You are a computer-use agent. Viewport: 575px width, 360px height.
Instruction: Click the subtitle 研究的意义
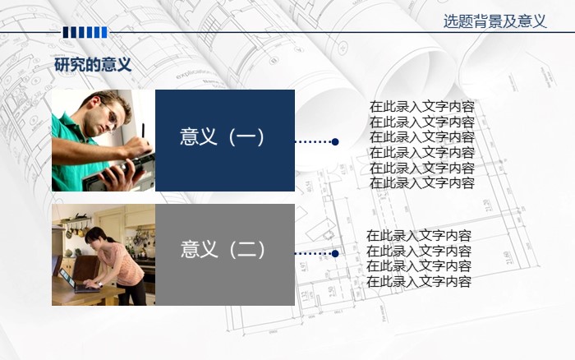point(93,65)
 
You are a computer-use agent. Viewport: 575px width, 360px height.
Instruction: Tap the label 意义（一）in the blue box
point(224,137)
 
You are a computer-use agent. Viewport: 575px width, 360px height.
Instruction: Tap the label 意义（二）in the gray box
point(224,249)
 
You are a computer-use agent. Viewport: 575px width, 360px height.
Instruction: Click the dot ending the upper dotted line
point(335,141)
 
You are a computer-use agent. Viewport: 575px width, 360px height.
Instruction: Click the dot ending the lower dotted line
point(335,253)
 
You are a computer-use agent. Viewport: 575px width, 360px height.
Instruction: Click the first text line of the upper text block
point(421,106)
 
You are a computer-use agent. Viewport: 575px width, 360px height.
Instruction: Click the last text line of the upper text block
point(421,183)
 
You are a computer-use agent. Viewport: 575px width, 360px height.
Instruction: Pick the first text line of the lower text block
point(418,235)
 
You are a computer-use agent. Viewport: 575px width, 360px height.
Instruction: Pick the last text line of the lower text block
point(418,281)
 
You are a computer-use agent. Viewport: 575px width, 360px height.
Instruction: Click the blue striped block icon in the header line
point(85,32)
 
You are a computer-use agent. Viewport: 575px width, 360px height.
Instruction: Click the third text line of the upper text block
point(421,136)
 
